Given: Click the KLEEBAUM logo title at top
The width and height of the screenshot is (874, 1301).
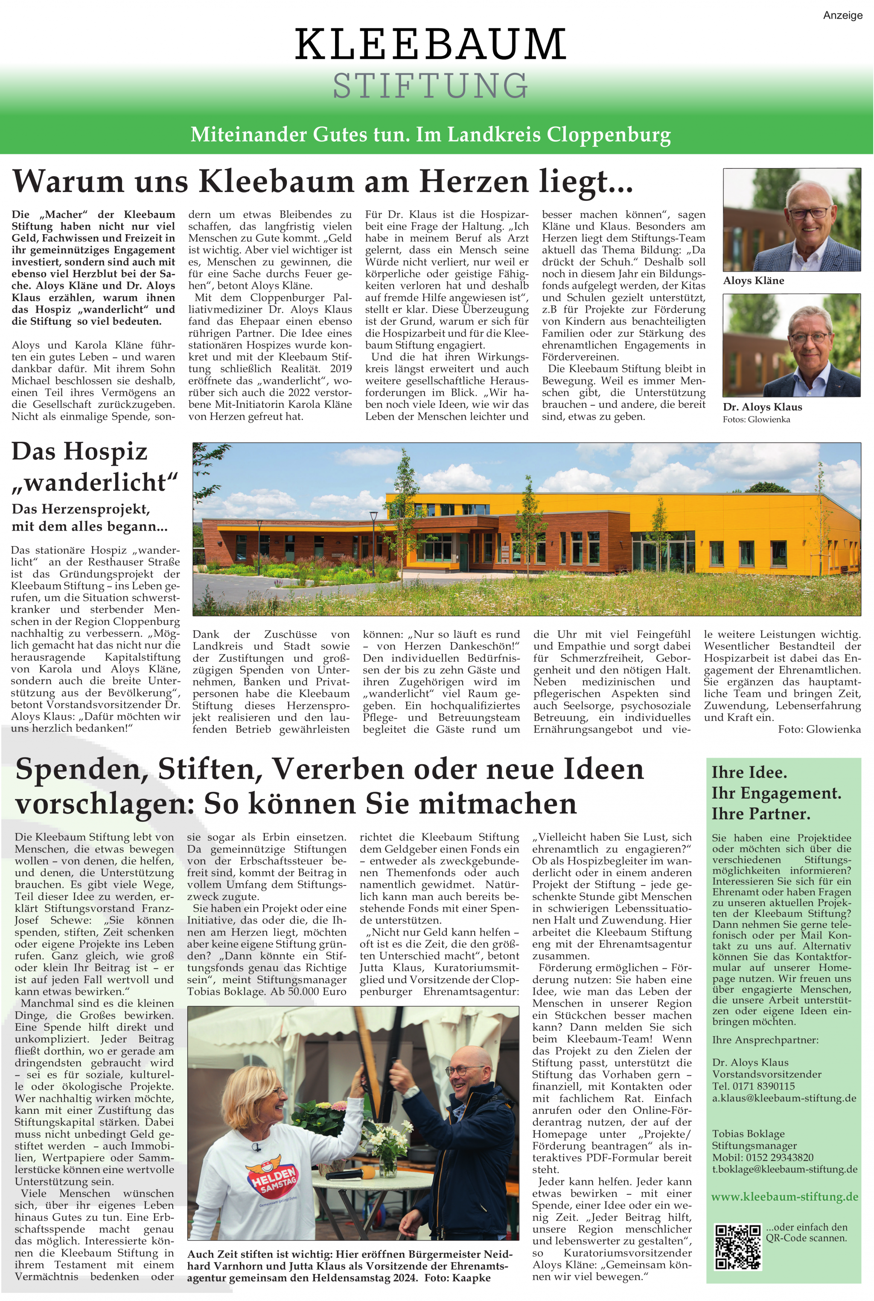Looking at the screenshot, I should click(430, 44).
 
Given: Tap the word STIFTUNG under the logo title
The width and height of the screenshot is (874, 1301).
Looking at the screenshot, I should click(430, 86).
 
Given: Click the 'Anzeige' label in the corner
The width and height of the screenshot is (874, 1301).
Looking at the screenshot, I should click(842, 16).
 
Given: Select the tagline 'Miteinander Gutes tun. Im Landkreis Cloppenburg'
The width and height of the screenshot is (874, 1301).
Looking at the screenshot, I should click(430, 134).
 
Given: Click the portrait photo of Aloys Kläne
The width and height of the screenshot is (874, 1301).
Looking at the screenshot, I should click(792, 220).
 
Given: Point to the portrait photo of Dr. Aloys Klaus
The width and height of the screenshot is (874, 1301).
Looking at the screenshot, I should click(792, 345).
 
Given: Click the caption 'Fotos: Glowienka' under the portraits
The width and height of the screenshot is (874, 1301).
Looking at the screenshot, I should click(756, 420).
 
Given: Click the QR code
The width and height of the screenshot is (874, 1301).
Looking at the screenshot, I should click(737, 1247).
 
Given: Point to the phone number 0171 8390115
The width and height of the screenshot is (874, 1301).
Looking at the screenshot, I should click(763, 1086).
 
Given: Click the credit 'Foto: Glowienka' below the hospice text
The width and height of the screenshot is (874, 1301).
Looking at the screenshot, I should click(819, 729).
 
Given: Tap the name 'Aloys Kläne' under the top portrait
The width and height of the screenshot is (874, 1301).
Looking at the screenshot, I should click(753, 281).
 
